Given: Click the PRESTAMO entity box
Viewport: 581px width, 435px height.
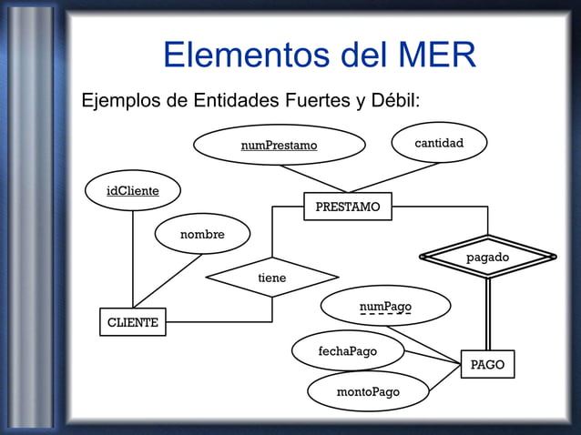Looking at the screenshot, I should [347, 207].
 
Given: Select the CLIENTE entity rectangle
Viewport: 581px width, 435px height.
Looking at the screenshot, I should [133, 322].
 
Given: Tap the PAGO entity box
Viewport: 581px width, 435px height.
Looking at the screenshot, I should [487, 364].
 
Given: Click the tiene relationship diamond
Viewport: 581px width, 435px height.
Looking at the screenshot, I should [271, 278].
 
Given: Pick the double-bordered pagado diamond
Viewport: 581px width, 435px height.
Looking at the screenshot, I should [487, 258].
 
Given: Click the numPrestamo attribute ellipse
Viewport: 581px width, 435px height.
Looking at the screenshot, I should [279, 145].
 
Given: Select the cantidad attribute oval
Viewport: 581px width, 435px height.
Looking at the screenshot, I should [439, 143].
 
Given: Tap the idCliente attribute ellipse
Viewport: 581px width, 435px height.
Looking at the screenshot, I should [133, 190].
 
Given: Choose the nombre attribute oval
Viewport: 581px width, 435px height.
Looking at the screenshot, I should [202, 234].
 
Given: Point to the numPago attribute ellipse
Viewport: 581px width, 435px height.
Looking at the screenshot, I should [385, 306].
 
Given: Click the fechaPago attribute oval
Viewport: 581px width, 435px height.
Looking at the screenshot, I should [347, 350].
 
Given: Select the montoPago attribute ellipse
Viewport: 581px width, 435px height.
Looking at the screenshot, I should [368, 391].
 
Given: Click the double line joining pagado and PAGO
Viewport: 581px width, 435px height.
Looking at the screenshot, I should [488, 314].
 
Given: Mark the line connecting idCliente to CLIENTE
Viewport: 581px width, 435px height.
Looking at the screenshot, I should [133, 259].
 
